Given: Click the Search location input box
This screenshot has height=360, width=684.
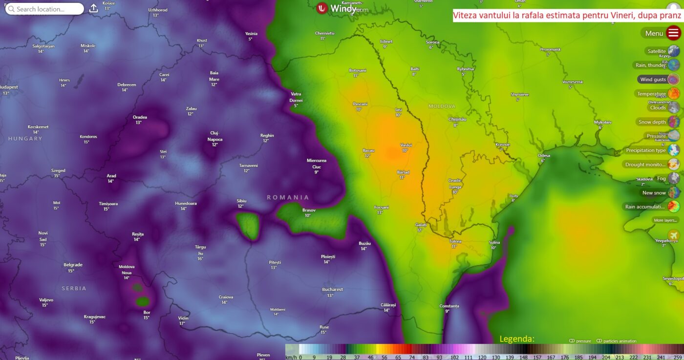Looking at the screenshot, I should tap(44, 9).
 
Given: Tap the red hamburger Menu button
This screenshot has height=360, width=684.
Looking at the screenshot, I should tap(673, 33).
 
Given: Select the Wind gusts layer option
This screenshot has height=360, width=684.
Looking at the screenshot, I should tap(653, 79).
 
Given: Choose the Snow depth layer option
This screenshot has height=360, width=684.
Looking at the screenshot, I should tap(652, 122).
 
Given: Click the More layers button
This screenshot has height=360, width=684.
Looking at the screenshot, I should tap(665, 220).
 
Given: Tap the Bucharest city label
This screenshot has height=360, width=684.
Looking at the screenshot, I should tap(332, 290).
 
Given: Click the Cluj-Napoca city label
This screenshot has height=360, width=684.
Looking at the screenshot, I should tap(214, 136).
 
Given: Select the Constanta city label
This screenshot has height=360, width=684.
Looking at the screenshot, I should tap(449, 306).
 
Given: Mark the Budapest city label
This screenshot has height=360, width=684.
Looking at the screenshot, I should tap(8, 87).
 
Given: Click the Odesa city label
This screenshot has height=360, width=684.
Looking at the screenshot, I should tap(544, 156).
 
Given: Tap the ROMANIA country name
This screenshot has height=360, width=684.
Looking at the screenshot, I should tap(288, 197).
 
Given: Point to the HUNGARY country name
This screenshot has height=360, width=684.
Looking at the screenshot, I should tap(25, 139).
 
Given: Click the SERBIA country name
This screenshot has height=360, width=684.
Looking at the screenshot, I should tap(74, 289).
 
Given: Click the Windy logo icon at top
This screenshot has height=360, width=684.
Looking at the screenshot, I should tap(321, 8).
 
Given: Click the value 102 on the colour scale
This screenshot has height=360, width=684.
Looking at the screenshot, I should tap(454, 357).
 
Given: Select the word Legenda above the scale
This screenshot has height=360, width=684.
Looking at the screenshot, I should tap(516, 339).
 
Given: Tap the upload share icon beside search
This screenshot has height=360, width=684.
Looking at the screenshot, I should tap(94, 9).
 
